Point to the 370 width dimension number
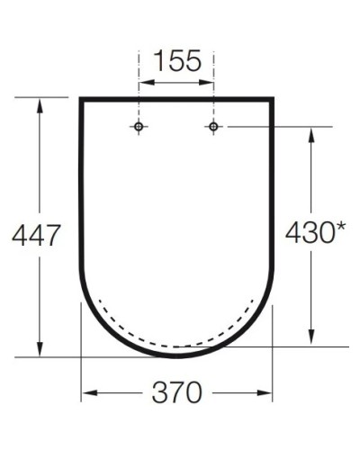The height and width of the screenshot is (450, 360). pyautogui.click(x=176, y=393)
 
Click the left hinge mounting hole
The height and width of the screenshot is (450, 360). pyautogui.click(x=139, y=127)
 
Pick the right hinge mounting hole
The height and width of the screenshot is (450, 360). pyautogui.click(x=213, y=127)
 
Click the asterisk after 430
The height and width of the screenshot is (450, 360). pyautogui.click(x=341, y=229)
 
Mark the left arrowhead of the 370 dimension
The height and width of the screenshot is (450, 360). pyautogui.click(x=87, y=393)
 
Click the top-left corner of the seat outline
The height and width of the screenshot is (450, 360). pyautogui.click(x=81, y=98)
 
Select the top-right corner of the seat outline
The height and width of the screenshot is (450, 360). pyautogui.click(x=272, y=98)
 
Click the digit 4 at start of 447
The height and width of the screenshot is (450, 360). pyautogui.click(x=18, y=236)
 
